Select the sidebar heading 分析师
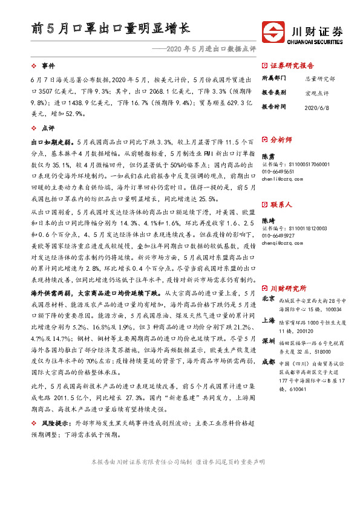tap(281, 140)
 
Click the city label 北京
tap(268, 299)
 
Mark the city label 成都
tap(268, 362)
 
